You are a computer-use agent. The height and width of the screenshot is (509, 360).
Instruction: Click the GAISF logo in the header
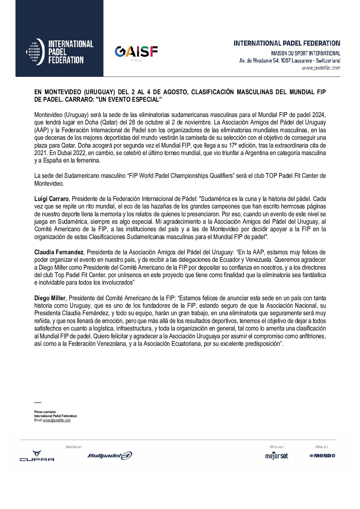coord(136,52)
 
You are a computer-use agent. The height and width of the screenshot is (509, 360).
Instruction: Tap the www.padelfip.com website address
coord(321,68)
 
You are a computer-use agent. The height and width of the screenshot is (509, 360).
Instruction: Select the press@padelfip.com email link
coord(57,420)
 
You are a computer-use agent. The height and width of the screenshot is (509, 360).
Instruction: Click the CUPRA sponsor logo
coord(37,456)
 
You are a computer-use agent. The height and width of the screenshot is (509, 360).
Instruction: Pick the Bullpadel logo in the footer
coord(110,456)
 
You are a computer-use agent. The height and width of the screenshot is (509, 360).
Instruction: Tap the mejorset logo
coord(276,456)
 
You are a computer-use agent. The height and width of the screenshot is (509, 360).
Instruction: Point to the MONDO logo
coord(322,456)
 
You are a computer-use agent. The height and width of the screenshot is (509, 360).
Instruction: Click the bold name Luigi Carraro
coord(51,199)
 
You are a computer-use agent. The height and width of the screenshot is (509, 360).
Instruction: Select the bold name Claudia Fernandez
coord(59,252)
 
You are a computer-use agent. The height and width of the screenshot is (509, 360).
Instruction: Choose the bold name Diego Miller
coord(50,298)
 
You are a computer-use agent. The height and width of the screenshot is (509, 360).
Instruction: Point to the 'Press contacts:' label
coord(45,412)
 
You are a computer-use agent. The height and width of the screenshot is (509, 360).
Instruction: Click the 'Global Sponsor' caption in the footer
coord(73,447)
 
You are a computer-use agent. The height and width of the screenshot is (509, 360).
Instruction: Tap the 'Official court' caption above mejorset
coord(276,447)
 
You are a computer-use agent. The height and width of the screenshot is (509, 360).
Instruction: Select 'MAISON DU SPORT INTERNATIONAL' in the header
coord(306,53)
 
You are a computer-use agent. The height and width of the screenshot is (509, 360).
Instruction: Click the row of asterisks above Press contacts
coord(38,403)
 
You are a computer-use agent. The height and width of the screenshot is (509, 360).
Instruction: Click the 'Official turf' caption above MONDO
coord(322,447)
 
